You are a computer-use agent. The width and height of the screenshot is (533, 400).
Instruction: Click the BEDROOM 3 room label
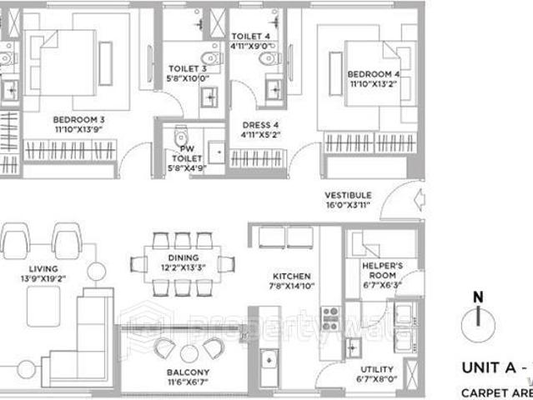pos(78,119)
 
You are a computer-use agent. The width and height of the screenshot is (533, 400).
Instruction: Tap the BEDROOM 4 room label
pos(373,74)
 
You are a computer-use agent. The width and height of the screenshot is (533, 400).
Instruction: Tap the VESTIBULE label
pos(348,195)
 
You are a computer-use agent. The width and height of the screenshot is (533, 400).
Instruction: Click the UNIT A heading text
pos(495,367)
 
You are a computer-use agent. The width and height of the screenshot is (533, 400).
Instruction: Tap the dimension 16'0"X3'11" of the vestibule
pos(348,205)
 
